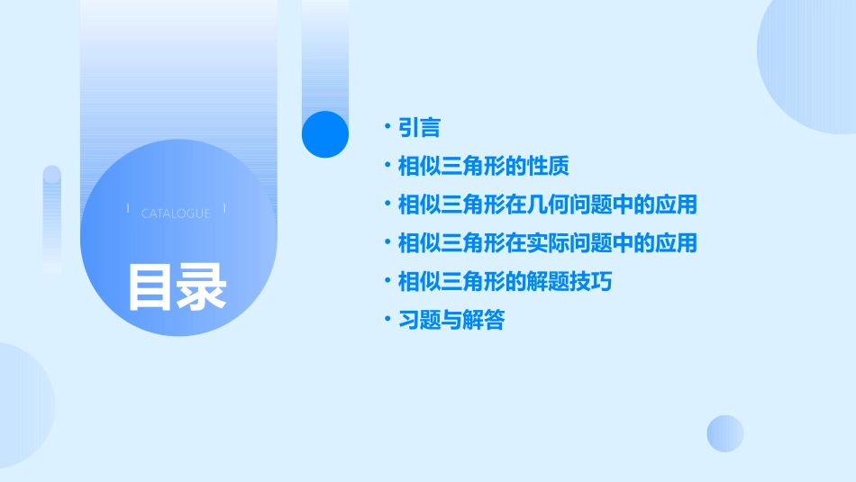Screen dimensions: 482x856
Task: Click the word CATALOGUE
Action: [176, 214]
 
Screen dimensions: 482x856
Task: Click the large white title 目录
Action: [177, 286]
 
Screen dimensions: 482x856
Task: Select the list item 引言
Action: [419, 128]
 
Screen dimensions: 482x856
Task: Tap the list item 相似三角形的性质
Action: [484, 167]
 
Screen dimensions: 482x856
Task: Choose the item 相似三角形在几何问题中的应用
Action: [548, 205]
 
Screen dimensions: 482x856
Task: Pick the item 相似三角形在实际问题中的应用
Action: [548, 243]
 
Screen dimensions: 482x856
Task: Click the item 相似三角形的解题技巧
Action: [505, 282]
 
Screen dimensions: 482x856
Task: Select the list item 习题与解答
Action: [451, 320]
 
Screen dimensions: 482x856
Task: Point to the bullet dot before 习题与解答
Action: [387, 320]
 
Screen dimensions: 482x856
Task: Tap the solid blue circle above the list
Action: [324, 134]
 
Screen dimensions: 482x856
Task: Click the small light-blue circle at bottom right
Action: [725, 433]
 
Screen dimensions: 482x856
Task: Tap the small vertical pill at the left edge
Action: [52, 219]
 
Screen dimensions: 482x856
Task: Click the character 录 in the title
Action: [202, 286]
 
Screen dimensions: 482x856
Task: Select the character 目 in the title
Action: [150, 286]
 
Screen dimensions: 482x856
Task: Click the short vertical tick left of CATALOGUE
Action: [129, 209]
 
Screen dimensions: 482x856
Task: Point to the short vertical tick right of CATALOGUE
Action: [223, 209]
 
